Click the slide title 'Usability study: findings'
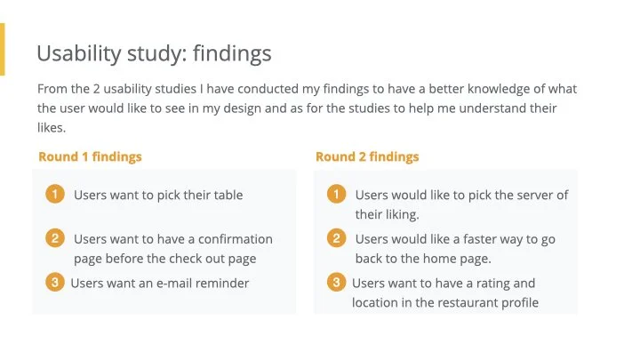154,53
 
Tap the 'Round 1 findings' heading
90,156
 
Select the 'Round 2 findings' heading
367,156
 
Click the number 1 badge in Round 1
55,194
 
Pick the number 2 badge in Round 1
55,238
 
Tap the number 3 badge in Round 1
55,283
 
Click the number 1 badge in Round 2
336,194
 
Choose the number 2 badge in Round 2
336,238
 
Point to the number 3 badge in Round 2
336,283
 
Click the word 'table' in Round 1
227,195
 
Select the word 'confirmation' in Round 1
237,239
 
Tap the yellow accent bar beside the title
3,50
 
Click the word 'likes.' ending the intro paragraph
52,128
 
